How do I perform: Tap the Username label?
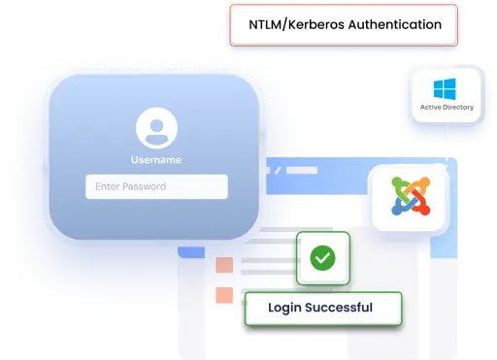155,159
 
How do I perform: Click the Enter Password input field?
156,186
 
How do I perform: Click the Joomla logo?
408,197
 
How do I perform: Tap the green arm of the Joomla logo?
397,187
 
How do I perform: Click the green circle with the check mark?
322,257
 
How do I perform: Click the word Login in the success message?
275,309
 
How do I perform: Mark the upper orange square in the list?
224,264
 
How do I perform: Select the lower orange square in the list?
224,293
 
